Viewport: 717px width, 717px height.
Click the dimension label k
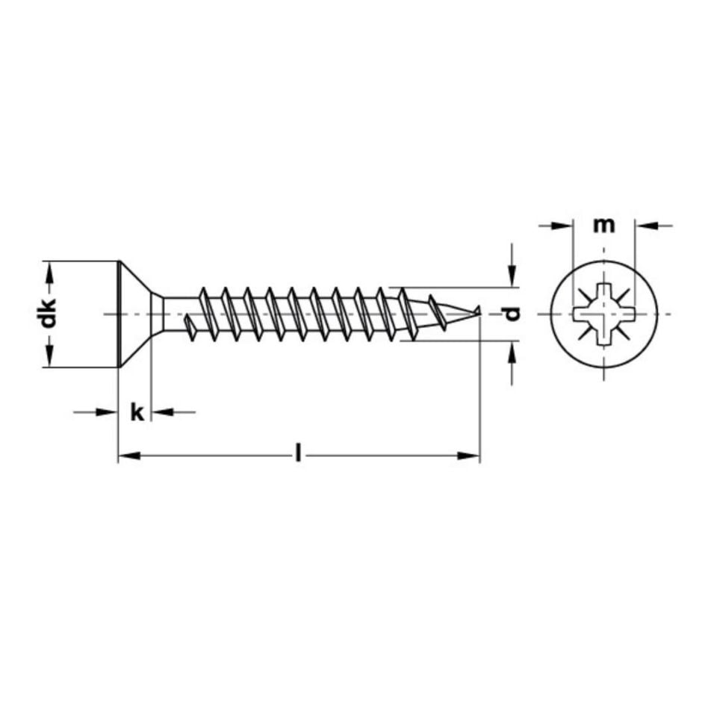[136, 412]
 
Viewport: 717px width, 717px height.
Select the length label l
[298, 453]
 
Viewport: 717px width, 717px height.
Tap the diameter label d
[512, 314]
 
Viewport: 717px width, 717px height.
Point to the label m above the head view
[603, 224]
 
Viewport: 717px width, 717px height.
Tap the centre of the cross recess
[603, 314]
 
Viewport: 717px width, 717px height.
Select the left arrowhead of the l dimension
[128, 456]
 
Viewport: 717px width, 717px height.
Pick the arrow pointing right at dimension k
[108, 412]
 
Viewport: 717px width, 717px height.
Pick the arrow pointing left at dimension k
[162, 412]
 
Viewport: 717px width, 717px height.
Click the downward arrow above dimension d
[512, 278]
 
